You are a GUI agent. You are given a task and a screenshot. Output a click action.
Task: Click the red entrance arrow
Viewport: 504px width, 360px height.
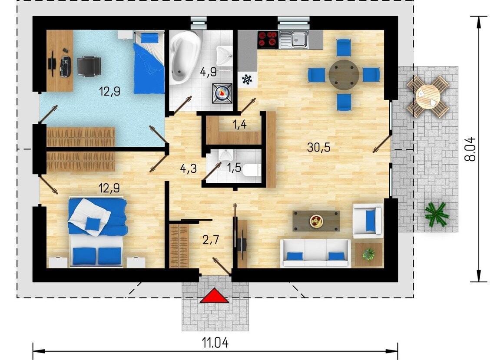pos(214,296)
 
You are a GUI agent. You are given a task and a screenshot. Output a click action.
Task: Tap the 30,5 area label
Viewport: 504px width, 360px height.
pos(318,147)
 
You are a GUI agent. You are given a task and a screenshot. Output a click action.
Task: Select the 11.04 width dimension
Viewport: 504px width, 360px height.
pos(216,343)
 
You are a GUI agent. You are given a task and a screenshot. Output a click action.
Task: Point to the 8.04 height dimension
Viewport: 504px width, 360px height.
pos(470,149)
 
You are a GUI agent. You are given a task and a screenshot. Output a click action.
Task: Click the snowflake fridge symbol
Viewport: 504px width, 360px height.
pos(247,79)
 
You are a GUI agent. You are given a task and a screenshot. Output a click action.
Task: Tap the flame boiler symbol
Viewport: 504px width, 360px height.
pos(222,93)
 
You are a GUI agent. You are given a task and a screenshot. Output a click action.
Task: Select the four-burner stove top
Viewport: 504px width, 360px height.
pos(268,40)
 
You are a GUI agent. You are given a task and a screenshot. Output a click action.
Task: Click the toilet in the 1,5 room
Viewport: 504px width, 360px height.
pos(252,170)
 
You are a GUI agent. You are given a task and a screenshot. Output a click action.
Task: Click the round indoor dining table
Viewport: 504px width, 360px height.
pos(344,75)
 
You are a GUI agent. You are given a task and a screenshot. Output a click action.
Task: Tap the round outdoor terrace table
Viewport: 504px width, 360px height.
pos(428,95)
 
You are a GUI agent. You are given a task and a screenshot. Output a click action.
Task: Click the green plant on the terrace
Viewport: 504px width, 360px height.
pos(436,214)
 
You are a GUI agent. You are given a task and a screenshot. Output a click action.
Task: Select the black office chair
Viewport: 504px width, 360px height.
pos(89,66)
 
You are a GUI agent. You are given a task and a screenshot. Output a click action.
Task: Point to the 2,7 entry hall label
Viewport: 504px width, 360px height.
pos(211,239)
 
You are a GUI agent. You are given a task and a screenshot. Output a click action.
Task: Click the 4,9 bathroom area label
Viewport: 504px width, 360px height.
pos(208,72)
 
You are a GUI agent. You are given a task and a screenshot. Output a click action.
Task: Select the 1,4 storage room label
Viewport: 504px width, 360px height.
pos(239,124)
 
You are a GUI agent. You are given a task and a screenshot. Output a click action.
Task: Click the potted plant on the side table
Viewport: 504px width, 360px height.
pos(368,254)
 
